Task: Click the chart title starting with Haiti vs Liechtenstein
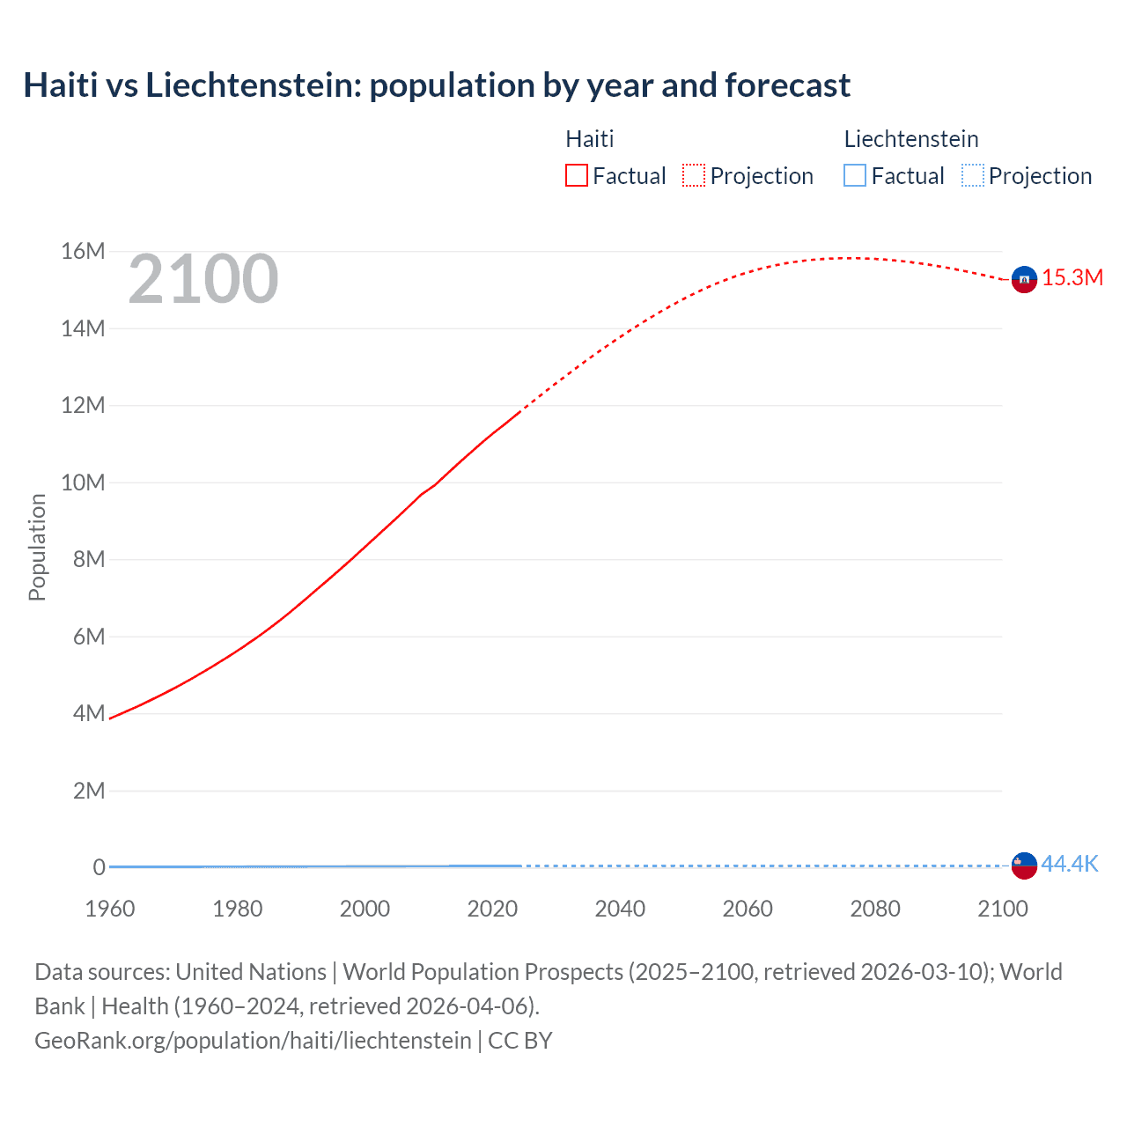437,85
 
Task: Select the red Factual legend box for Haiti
576,176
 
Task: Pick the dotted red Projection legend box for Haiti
694,176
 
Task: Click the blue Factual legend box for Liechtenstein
855,176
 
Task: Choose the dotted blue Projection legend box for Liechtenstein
973,176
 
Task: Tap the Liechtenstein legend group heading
911,139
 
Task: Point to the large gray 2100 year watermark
203,279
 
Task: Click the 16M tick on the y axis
83,252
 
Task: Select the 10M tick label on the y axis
83,482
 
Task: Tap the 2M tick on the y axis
88,791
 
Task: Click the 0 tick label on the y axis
99,867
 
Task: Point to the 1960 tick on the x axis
110,909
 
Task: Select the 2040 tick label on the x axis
620,909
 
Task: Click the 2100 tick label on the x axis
1002,909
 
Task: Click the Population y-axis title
37,547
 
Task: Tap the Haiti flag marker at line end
1024,279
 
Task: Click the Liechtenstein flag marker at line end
1024,866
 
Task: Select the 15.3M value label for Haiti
1072,278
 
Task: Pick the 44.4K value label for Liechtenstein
1070,864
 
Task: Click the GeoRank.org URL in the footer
253,1041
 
